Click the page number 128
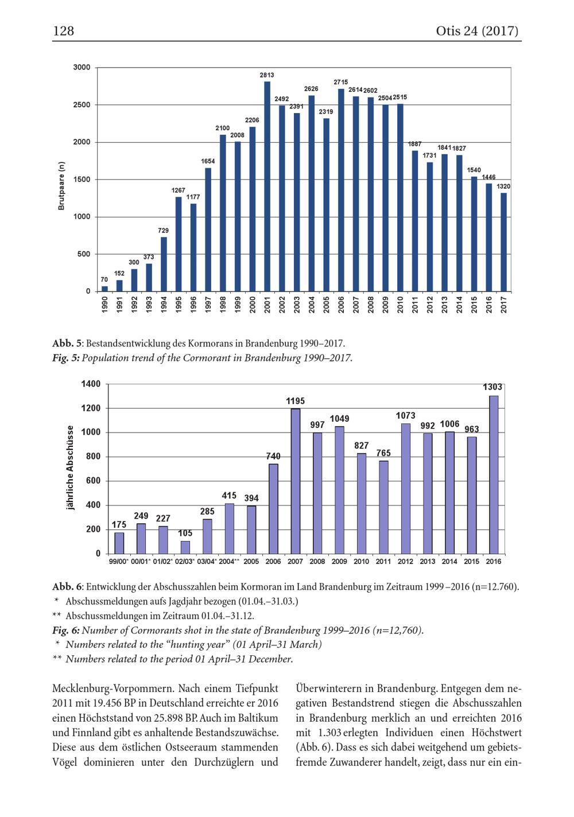click(x=64, y=30)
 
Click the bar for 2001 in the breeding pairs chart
click(x=267, y=186)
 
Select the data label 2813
click(x=267, y=75)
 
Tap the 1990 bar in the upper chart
click(x=104, y=289)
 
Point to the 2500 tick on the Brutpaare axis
click(x=82, y=105)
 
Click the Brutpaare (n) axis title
click(x=61, y=186)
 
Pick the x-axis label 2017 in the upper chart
click(x=503, y=304)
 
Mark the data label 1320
click(x=503, y=186)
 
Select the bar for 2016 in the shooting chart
click(x=494, y=474)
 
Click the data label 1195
click(x=295, y=401)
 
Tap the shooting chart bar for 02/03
click(x=185, y=547)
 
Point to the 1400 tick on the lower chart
click(x=91, y=384)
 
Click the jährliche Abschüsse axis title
click(x=70, y=468)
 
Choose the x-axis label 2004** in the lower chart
click(x=229, y=562)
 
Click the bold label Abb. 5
click(x=68, y=344)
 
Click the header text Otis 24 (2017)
click(x=477, y=30)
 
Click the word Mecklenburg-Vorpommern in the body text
click(x=113, y=688)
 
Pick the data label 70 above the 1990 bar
click(x=104, y=280)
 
